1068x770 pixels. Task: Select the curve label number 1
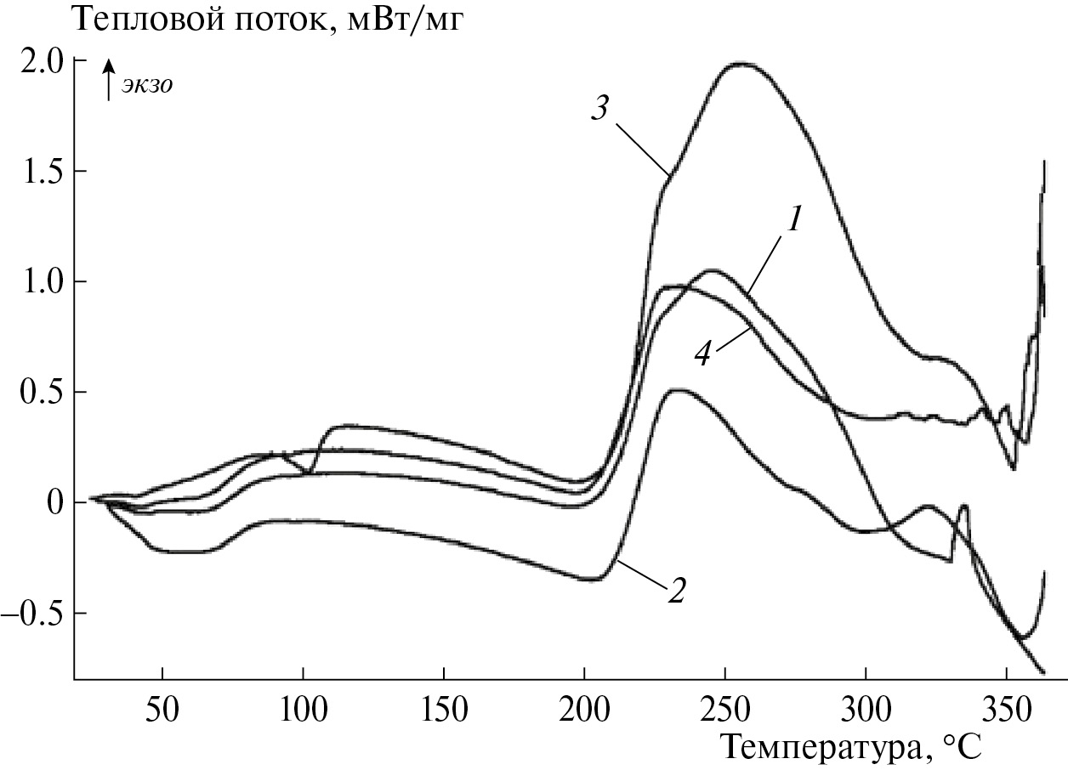[793, 221]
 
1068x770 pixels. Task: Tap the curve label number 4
[702, 354]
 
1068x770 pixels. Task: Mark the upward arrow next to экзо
[108, 80]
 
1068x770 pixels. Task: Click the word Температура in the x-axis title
[821, 747]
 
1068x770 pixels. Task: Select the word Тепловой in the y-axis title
[136, 19]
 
